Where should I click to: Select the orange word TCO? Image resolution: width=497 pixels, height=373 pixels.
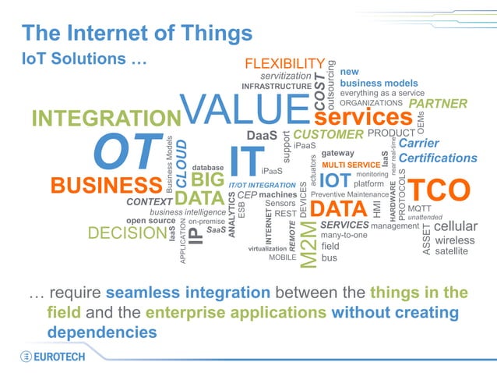pos(440,190)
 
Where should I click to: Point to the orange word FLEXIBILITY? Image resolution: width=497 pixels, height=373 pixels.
pos(284,63)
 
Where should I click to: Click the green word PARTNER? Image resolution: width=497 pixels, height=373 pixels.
pos(438,103)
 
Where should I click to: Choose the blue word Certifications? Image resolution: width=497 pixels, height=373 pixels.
pos(438,158)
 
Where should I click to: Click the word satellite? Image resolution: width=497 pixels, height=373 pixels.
pos(452,251)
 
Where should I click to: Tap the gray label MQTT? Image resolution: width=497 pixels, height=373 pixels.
pos(419,208)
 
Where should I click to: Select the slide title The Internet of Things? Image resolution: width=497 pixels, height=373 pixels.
pos(137,33)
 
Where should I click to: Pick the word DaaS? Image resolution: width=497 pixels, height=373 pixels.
pos(262,136)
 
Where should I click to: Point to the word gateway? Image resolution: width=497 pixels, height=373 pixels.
pos(337,153)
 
